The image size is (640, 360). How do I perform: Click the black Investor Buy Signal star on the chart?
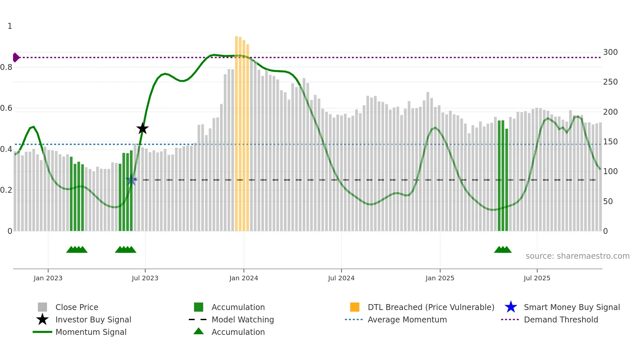[x=142, y=128]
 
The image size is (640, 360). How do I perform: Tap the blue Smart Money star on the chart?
[x=131, y=180]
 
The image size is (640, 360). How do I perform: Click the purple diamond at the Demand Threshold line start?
[x=16, y=57]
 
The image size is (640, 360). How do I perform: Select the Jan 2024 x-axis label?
[x=244, y=278]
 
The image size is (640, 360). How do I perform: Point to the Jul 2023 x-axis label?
[x=145, y=278]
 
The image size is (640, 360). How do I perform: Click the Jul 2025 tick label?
[x=537, y=278]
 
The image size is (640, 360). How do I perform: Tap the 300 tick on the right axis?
[x=610, y=52]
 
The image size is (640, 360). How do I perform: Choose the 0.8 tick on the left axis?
[x=6, y=67]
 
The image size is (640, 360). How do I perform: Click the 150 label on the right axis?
[x=610, y=142]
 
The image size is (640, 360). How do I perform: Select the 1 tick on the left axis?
[x=10, y=26]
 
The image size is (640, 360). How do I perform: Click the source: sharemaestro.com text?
[x=577, y=256]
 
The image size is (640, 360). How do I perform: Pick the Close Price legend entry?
[x=77, y=307]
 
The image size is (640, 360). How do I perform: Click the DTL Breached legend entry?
[x=431, y=307]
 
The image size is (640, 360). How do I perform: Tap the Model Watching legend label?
[x=243, y=320]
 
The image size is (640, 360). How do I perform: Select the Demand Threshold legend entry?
[x=561, y=320]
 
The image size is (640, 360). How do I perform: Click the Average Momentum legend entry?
[x=407, y=320]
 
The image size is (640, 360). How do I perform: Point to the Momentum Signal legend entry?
[x=91, y=332]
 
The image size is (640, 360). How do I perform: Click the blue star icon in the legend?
[x=511, y=307]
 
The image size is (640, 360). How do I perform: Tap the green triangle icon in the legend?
[x=199, y=331]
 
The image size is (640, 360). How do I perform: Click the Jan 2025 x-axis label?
[x=440, y=278]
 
